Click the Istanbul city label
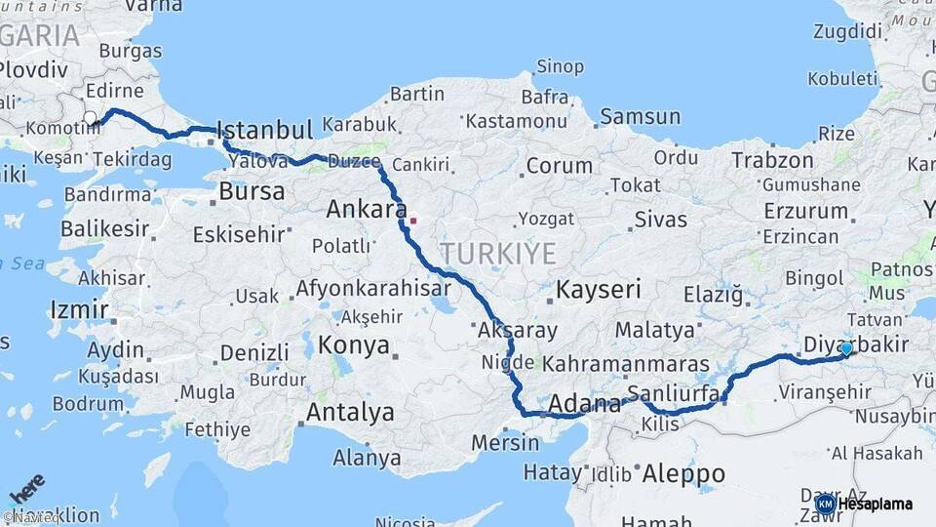[264, 130]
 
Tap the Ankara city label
[366, 209]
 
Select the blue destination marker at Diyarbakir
[846, 348]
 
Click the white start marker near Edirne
[90, 118]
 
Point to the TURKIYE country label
[497, 254]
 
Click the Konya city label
[354, 345]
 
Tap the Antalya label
[350, 413]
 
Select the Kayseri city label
[599, 289]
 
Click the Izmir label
[79, 311]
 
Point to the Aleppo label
[683, 474]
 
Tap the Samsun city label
[640, 117]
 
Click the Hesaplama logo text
[875, 504]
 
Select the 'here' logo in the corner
[25, 488]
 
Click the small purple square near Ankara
[412, 221]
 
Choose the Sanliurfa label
[674, 393]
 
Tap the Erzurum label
[805, 210]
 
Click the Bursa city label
[252, 191]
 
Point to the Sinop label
[560, 67]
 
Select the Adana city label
[584, 403]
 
